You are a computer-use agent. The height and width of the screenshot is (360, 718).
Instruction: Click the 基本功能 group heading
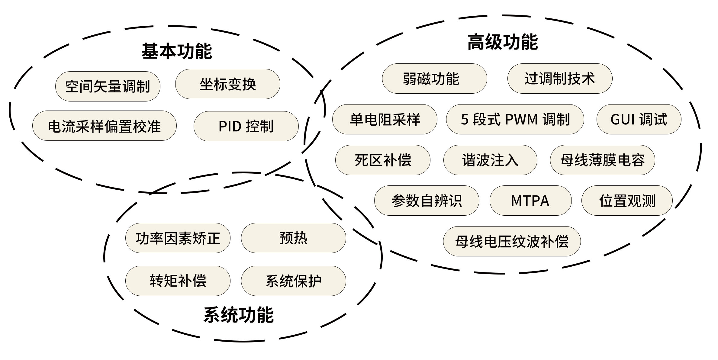[x=177, y=51]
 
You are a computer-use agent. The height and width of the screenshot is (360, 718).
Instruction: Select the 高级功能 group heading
[x=503, y=42]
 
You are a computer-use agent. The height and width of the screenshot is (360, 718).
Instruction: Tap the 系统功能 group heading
[x=239, y=315]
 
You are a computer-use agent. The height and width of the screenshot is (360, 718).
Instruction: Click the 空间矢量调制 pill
[x=108, y=86]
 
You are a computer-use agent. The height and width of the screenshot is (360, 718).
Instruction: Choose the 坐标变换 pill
[x=228, y=84]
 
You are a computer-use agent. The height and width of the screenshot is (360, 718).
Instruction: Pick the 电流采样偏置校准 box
[x=105, y=126]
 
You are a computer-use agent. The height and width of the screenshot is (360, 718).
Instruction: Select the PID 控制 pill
[x=246, y=126]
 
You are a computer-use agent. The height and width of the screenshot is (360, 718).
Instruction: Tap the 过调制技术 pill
[x=560, y=79]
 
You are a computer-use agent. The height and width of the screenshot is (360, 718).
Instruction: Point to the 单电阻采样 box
[x=385, y=119]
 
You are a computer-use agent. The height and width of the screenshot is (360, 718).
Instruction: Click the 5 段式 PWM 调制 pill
[x=515, y=119]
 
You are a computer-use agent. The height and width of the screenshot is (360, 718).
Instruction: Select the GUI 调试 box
[x=639, y=119]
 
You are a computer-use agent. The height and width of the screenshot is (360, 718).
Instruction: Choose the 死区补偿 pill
[x=383, y=160]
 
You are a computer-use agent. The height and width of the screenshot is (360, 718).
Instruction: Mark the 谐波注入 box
[x=490, y=160]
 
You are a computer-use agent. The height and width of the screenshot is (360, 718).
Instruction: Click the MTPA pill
[x=530, y=201]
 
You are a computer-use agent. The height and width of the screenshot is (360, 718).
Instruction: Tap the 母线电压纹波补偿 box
[x=512, y=241]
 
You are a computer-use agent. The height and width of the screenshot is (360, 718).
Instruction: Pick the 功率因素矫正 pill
[x=178, y=238]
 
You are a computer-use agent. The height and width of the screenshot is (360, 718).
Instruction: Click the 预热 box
[x=293, y=238]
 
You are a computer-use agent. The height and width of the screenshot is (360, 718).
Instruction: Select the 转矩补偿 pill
[x=178, y=281]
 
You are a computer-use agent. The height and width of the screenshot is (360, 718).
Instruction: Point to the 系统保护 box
[x=293, y=281]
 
